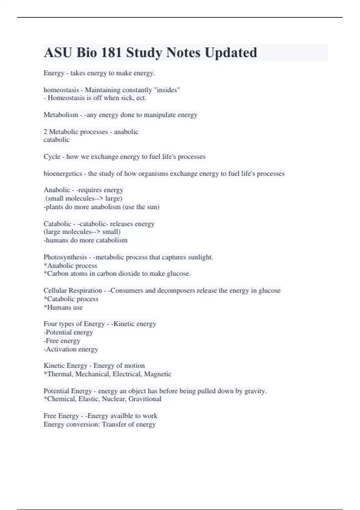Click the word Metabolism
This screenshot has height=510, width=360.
point(61,115)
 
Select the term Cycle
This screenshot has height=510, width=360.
point(52,157)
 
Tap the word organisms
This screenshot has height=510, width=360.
point(153,174)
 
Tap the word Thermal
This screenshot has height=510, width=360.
point(60,374)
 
